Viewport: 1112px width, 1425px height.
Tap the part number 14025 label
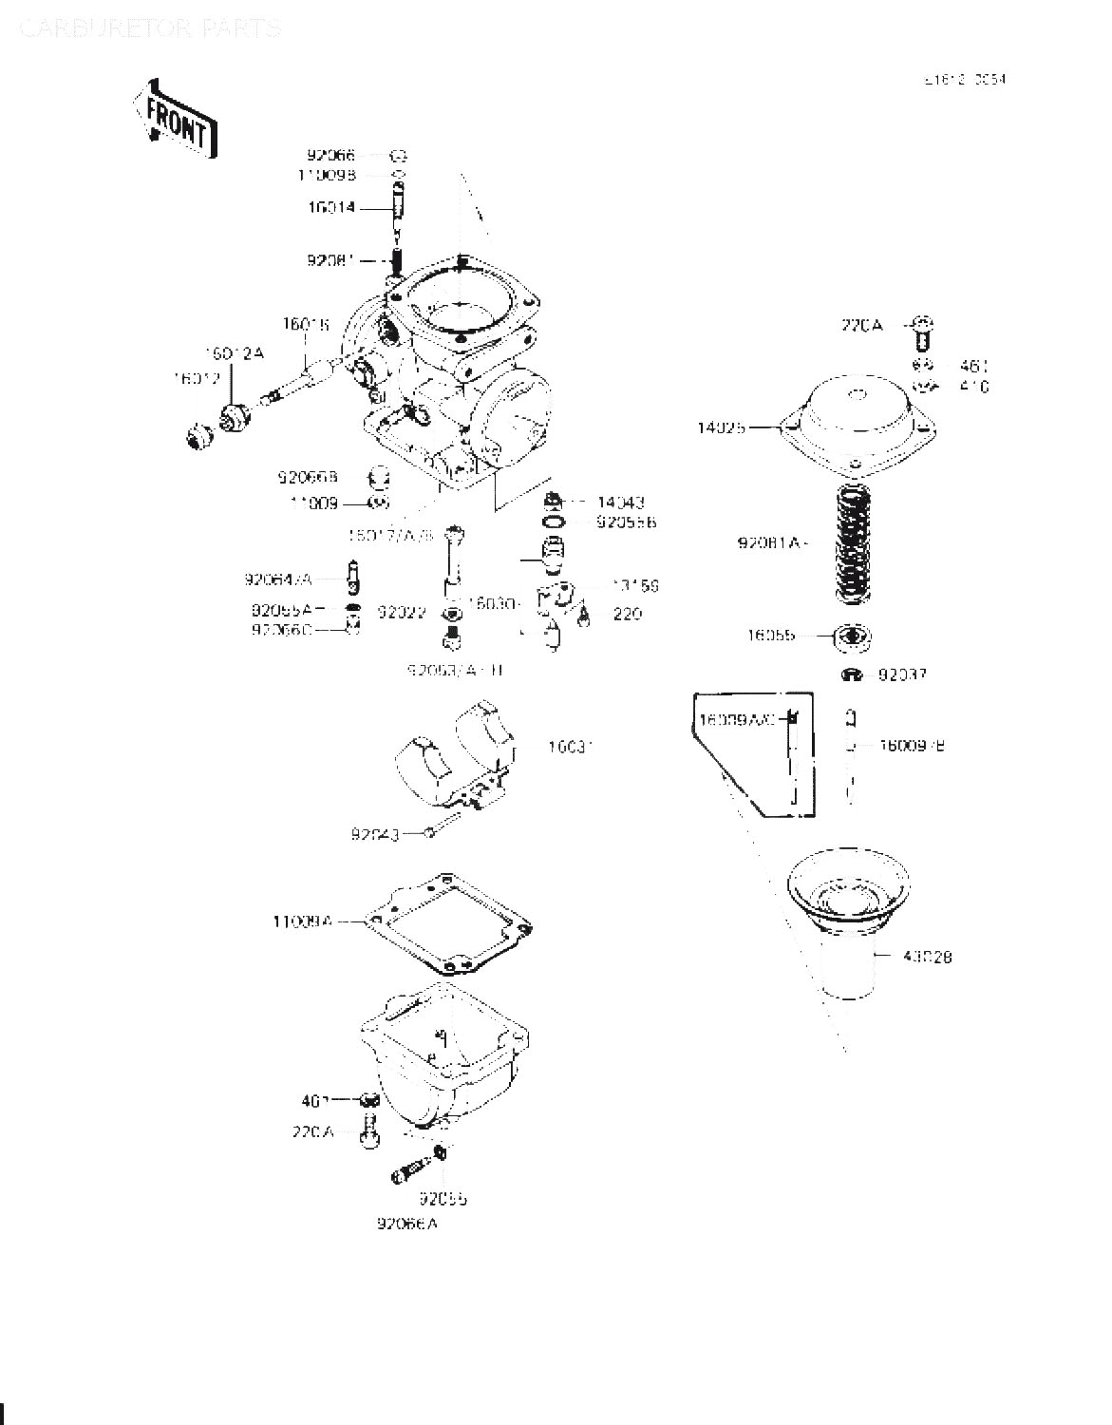pos(721,427)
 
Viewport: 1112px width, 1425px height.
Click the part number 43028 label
pos(928,957)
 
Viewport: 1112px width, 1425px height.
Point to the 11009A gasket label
pos(301,921)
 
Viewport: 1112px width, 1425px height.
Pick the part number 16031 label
pos(571,747)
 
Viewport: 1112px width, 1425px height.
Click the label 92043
pos(374,834)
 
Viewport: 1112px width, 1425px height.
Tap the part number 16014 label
pos(330,207)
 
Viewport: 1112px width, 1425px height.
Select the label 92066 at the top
pos(330,155)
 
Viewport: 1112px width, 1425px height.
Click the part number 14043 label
pos(621,502)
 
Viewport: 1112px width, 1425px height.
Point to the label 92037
pos(902,674)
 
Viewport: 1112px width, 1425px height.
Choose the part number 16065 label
pos(770,636)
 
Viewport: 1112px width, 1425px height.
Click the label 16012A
pos(235,353)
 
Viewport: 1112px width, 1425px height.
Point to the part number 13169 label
pos(634,586)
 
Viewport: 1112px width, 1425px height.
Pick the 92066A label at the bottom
pos(406,1225)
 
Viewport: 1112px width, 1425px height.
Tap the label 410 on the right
pos(973,387)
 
